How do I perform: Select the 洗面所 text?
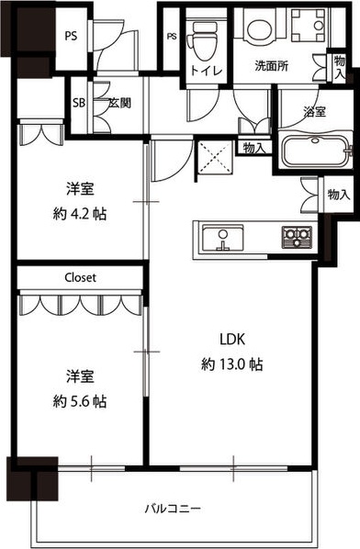pyautogui.click(x=273, y=67)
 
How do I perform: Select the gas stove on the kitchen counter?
pyautogui.click(x=296, y=237)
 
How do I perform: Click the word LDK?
pyautogui.click(x=230, y=337)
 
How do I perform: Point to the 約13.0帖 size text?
pyautogui.click(x=232, y=364)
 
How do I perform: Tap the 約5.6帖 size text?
pyautogui.click(x=78, y=402)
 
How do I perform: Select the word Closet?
pyautogui.click(x=80, y=276)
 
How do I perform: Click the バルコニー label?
pyautogui.click(x=173, y=508)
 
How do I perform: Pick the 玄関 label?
pyautogui.click(x=119, y=103)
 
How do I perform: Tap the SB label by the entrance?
pyautogui.click(x=79, y=103)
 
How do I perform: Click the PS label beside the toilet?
pyautogui.click(x=172, y=37)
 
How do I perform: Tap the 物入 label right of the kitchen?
pyautogui.click(x=339, y=195)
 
